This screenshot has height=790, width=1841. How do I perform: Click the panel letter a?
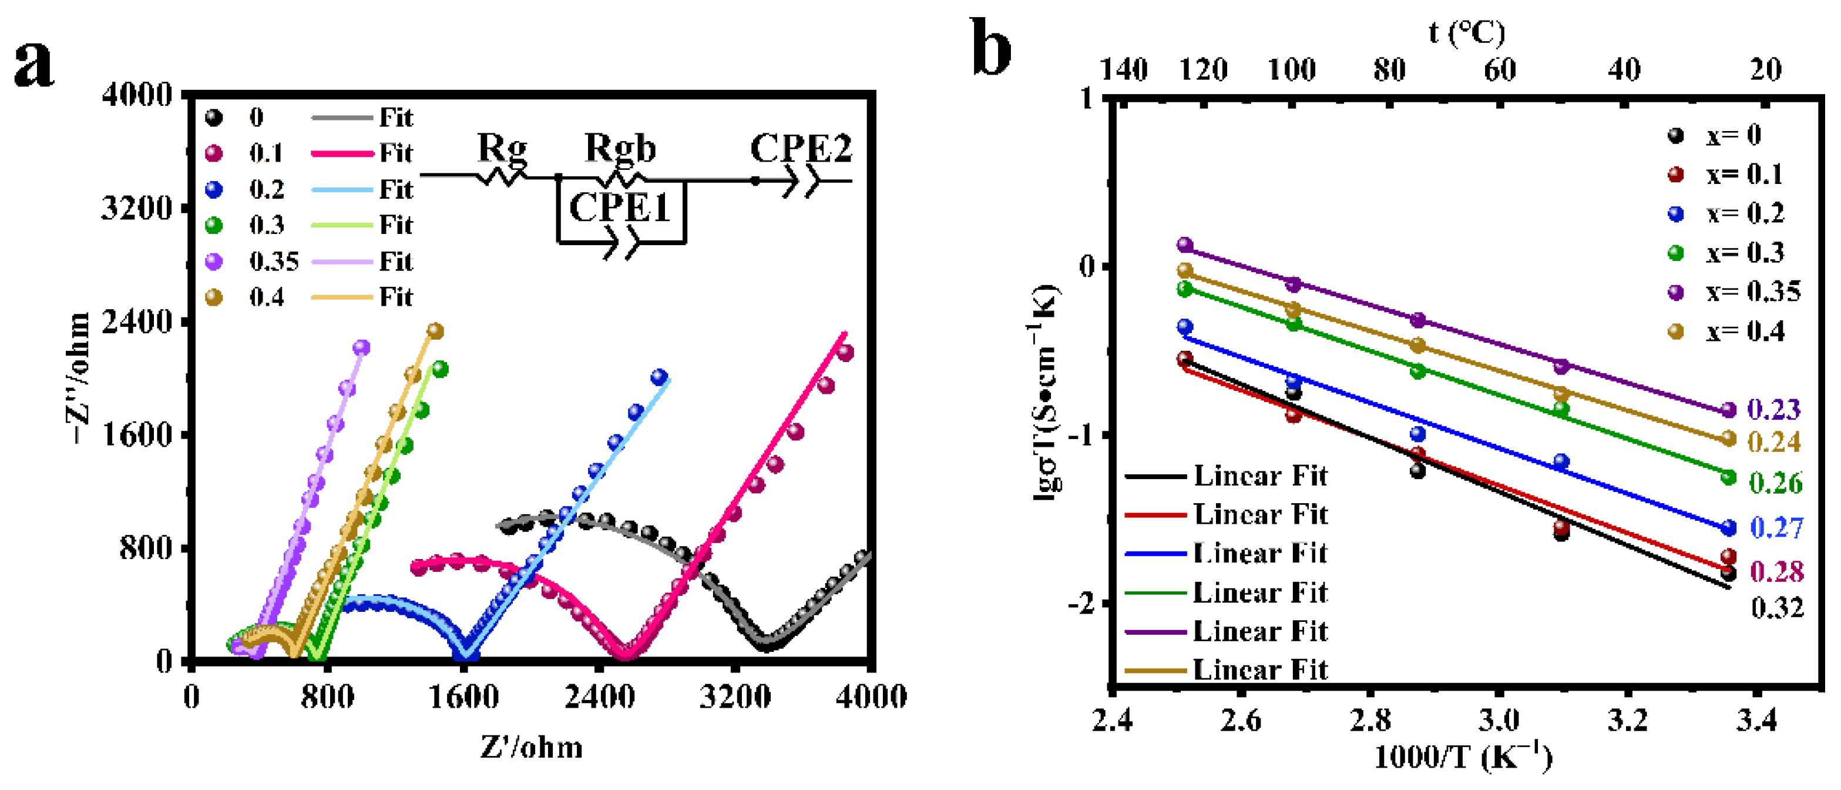pos(33,64)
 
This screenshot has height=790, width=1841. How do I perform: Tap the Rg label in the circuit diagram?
pos(502,148)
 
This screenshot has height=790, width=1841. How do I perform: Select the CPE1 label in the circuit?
pos(620,208)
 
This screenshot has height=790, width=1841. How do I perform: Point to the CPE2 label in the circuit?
pos(801,149)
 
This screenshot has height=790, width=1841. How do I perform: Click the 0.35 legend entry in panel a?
pos(274,262)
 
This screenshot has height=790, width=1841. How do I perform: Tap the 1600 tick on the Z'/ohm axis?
pos(463,697)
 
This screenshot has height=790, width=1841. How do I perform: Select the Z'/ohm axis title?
pos(531,747)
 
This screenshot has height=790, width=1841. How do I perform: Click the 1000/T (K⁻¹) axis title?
pos(1462,757)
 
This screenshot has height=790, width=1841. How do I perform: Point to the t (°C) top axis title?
pos(1466,32)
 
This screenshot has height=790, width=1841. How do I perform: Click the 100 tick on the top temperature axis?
pos(1291,70)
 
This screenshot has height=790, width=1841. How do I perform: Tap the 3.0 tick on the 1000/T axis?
pos(1498,720)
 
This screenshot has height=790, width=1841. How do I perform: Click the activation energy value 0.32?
pos(1777,608)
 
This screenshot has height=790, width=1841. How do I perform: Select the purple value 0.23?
pos(1774,409)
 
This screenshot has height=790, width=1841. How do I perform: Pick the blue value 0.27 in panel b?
pos(1777,528)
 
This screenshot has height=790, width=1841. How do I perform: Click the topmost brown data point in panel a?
pos(435,331)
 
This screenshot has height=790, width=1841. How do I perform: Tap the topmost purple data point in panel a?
pos(362,347)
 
